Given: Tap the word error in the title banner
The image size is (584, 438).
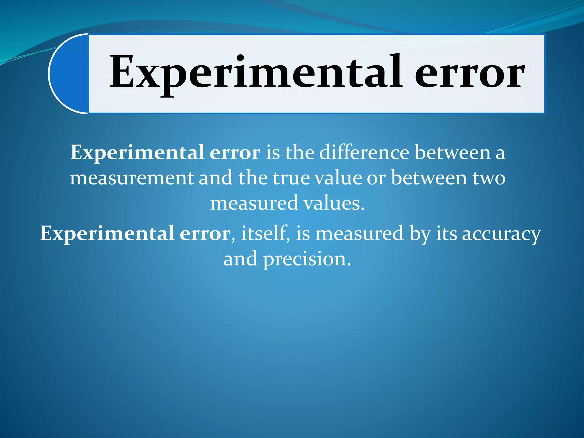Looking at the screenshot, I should (x=469, y=73).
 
